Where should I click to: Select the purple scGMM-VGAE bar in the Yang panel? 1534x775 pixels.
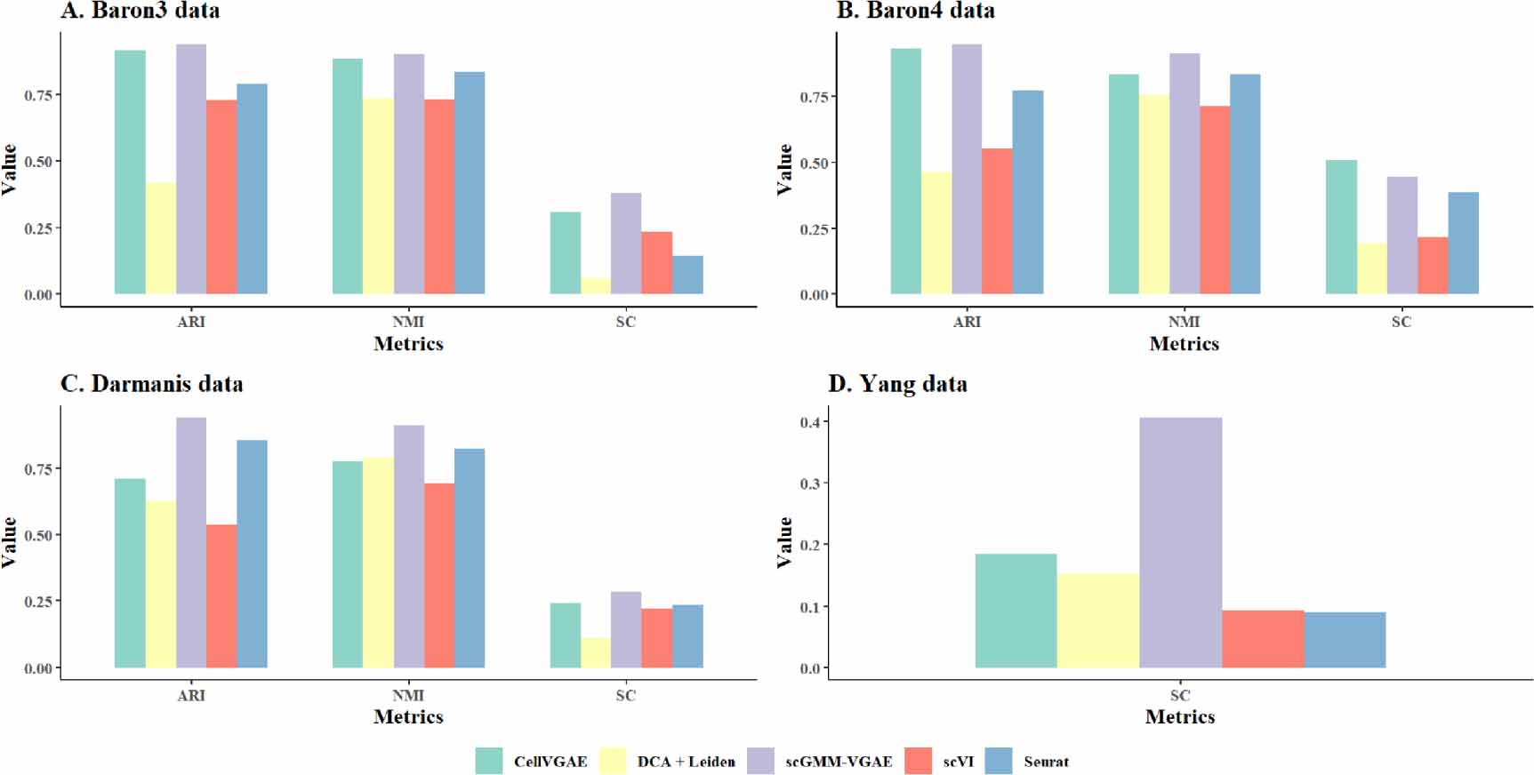(x=1180, y=542)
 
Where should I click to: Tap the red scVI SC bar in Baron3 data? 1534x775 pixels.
(x=656, y=263)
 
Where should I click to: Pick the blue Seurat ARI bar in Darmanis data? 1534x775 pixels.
(x=252, y=554)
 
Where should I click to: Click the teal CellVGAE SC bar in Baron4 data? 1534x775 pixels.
(x=1341, y=227)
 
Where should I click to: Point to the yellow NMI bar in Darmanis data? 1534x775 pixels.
(x=378, y=563)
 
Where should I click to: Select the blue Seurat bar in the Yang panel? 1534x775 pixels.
(x=1345, y=640)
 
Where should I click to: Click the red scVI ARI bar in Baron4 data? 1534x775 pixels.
(x=997, y=221)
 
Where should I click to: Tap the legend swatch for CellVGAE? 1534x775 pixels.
(x=489, y=761)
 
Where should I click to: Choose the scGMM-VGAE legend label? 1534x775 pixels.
(x=838, y=762)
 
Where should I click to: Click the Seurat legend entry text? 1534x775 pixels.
(x=1046, y=762)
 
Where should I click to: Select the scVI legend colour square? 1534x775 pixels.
(x=919, y=761)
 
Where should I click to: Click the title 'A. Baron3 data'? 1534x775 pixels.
(x=140, y=11)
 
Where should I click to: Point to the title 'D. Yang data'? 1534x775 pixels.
(x=897, y=384)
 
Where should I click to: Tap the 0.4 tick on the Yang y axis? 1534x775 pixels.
(x=809, y=422)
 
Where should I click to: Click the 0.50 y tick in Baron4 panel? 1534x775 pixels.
(x=814, y=164)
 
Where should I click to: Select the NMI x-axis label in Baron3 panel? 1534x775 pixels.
(x=408, y=322)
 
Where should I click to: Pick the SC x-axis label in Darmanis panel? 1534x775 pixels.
(x=626, y=695)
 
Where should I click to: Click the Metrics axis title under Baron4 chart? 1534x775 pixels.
(x=1184, y=344)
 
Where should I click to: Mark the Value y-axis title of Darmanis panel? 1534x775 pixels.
(x=10, y=542)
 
